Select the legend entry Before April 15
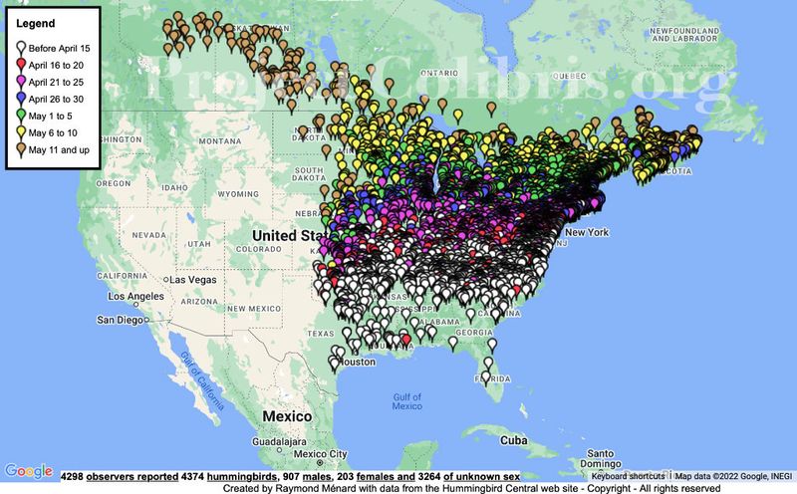[64, 47]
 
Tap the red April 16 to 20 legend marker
[20, 64]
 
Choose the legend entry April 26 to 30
[64, 99]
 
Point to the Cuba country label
[514, 439]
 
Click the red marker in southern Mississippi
[405, 339]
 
